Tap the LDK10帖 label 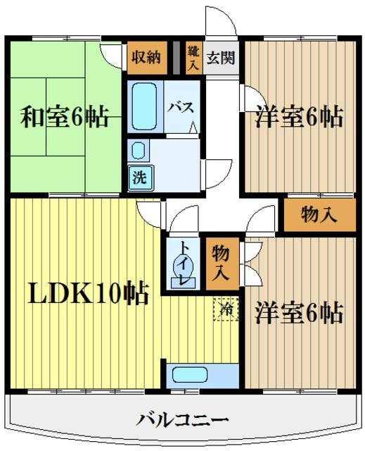click(x=88, y=292)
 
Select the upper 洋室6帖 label click(x=299, y=117)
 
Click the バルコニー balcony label click(x=182, y=421)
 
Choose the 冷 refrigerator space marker click(x=225, y=308)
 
